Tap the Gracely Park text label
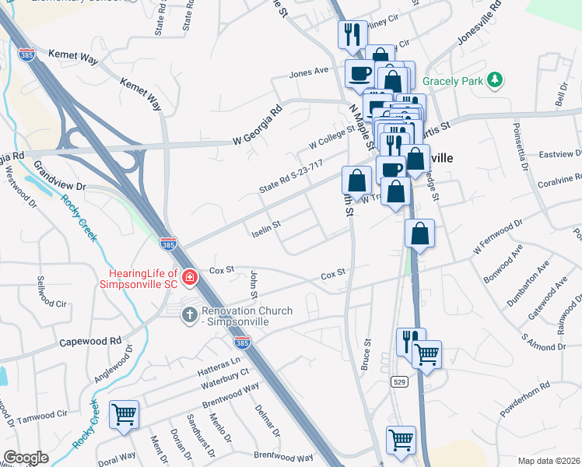[x=454, y=81]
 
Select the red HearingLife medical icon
[x=189, y=277]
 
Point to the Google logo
[x=26, y=457]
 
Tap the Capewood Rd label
[x=90, y=341]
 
